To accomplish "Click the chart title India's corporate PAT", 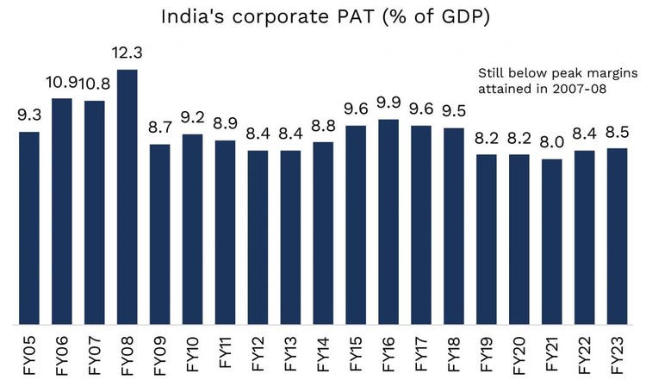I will [x=323, y=16].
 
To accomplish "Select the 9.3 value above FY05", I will [x=29, y=115].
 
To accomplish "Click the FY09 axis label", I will [x=160, y=351].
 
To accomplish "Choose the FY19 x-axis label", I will [x=488, y=351].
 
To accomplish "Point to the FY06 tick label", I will [x=62, y=351].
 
